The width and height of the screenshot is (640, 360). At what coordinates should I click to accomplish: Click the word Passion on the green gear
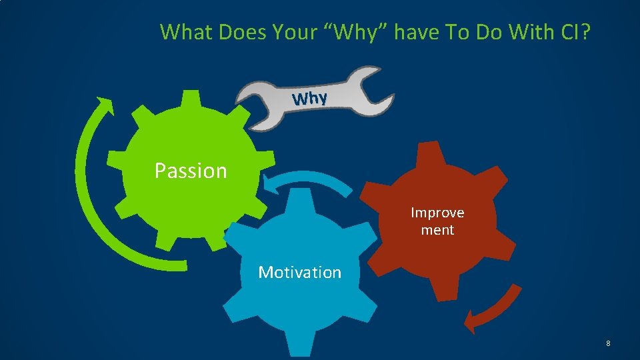(191, 171)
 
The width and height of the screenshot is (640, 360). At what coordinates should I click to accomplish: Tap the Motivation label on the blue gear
(299, 272)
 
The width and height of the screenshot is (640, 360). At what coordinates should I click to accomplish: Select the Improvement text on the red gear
(437, 221)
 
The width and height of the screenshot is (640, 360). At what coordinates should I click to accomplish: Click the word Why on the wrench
(309, 99)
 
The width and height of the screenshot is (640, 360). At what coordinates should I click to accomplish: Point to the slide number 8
(608, 343)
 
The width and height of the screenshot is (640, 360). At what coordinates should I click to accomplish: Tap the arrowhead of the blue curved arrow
(271, 185)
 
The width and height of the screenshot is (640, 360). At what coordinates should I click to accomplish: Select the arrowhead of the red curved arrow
(472, 322)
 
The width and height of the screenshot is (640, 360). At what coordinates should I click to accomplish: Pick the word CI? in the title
(575, 31)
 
